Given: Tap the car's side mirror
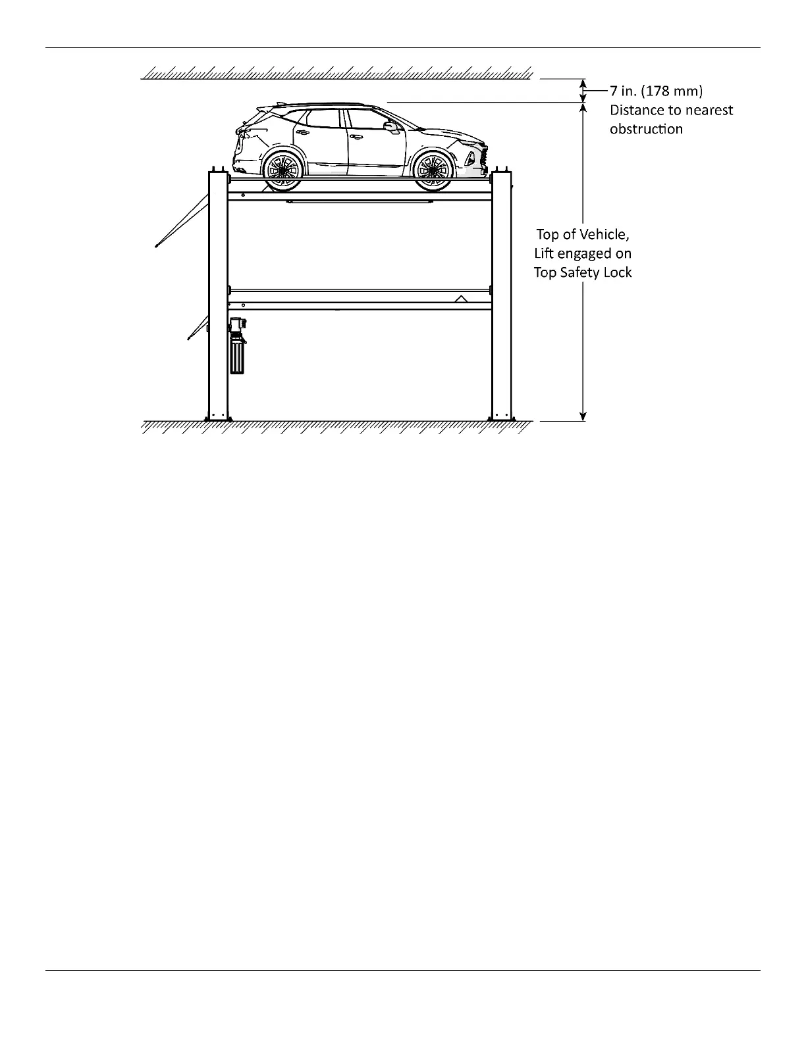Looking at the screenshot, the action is click(x=390, y=125).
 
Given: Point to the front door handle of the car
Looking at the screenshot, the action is click(x=356, y=137).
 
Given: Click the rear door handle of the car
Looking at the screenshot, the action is click(x=304, y=131).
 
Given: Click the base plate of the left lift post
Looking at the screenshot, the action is click(x=217, y=418).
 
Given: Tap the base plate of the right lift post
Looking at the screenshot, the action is click(x=502, y=418).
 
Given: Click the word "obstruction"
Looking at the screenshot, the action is click(x=646, y=129).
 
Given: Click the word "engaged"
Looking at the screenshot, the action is click(x=585, y=253).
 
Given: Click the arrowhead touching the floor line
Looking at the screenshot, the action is click(x=583, y=416).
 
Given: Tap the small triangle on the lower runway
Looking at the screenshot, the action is click(x=462, y=299).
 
